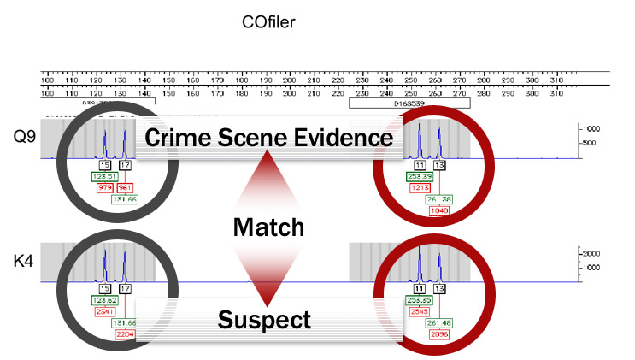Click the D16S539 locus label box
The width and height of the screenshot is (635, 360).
point(409,102)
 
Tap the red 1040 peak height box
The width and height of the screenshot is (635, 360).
point(441,210)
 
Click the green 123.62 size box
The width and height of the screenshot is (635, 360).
point(105,301)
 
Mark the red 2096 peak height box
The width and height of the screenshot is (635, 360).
point(441,334)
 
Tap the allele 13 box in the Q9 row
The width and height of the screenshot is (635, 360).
point(439,163)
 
